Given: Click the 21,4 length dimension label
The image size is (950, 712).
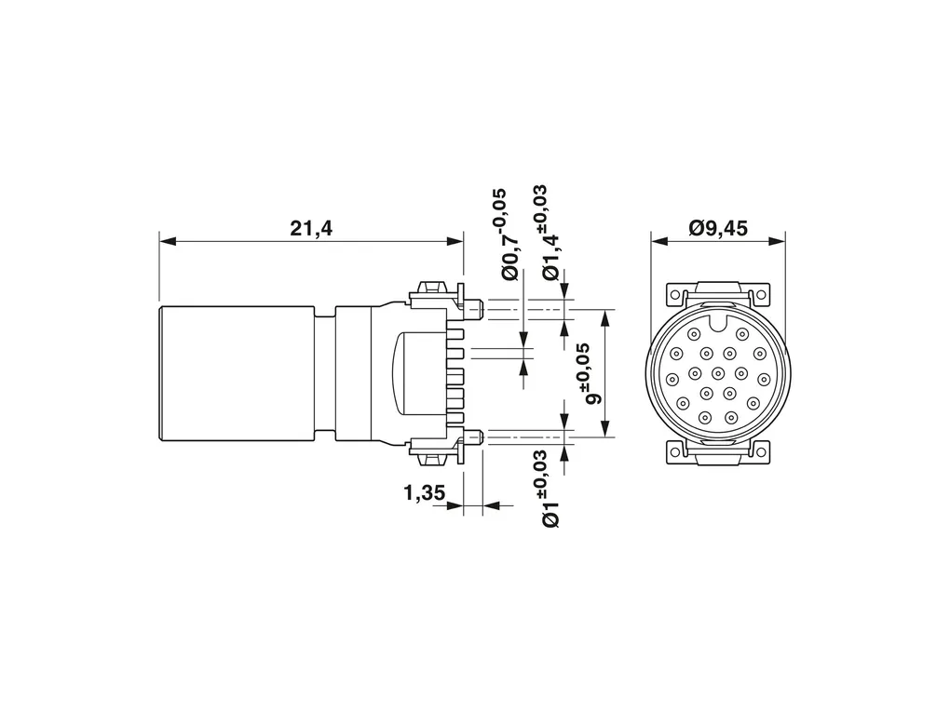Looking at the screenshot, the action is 311,228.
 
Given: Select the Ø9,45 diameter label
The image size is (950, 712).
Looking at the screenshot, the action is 718,228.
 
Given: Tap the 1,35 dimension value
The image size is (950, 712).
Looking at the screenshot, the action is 424,493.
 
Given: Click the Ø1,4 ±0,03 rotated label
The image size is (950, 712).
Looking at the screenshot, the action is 549,233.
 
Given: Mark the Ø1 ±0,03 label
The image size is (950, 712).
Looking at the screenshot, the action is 549,488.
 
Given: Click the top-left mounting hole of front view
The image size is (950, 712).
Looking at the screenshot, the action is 675,295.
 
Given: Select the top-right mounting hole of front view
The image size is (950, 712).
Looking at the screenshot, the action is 761,295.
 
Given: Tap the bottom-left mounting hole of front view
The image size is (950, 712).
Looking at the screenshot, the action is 675,451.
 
